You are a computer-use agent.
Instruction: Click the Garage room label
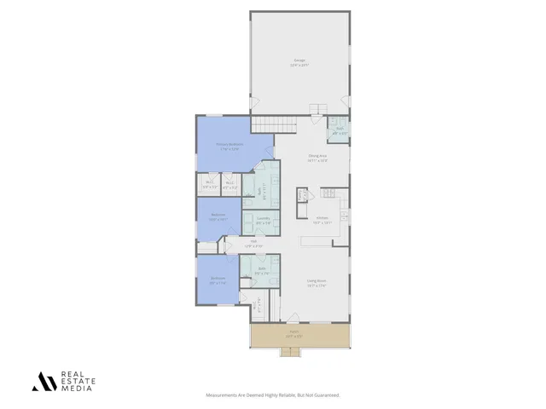click(299, 62)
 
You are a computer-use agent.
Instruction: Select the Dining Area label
click(317, 157)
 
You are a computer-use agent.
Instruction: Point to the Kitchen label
click(322, 220)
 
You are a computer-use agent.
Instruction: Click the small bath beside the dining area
click(339, 130)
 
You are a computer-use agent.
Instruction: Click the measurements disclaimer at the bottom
click(273, 395)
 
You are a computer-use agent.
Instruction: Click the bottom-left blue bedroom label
click(218, 280)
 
